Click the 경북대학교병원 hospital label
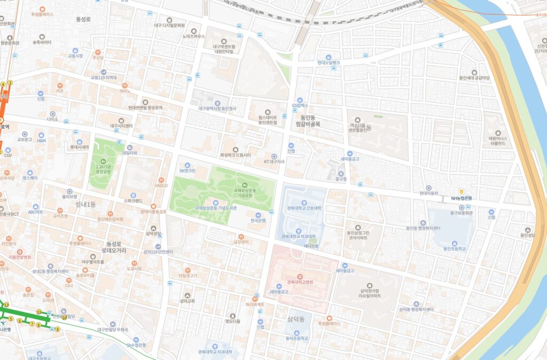coord(300,281)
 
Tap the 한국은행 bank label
coord(258,220)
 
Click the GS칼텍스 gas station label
coord(300,106)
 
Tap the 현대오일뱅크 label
coord(329,62)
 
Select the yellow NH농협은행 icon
coord(460,191)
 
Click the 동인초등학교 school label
coord(455,248)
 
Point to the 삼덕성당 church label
coord(153,233)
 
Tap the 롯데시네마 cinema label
coord(79,146)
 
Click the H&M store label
coord(42,140)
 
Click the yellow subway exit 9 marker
coord(57,329)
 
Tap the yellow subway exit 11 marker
coord(38,311)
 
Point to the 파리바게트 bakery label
coord(255,304)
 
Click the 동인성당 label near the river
coord(528,234)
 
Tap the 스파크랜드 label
coord(133,201)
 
